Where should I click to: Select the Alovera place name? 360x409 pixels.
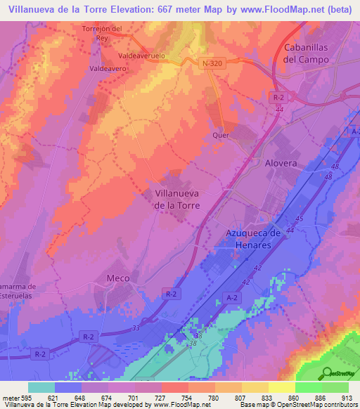(x=281, y=162)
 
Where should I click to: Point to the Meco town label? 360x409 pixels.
(x=117, y=278)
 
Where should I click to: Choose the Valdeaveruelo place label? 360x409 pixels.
(x=143, y=54)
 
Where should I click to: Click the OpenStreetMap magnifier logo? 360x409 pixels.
(x=328, y=373)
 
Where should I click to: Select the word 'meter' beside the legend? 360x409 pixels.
(x=10, y=396)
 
